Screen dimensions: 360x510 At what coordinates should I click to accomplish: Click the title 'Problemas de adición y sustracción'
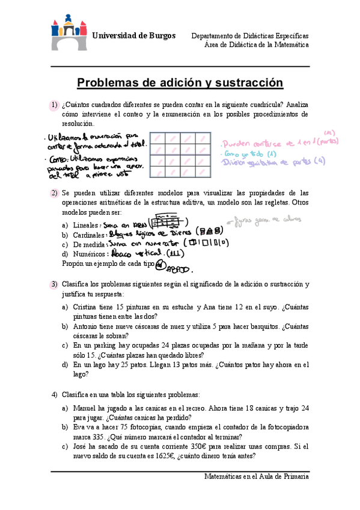coord(180,82)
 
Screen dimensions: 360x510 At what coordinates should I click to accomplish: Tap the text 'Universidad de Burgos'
coord(133,35)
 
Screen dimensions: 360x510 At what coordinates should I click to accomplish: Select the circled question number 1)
coord(54,106)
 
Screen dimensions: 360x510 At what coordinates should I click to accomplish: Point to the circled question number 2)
coord(54,193)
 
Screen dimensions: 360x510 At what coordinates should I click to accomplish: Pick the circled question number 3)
coord(54,284)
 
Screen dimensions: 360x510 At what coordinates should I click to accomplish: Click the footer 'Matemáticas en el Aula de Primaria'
coord(257,476)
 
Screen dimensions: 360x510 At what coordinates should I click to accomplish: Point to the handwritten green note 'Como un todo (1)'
coord(247,153)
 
